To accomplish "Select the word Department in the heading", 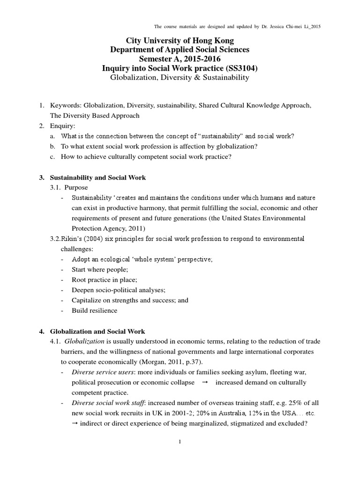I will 131,50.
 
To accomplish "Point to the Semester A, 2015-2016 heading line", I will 180,59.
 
